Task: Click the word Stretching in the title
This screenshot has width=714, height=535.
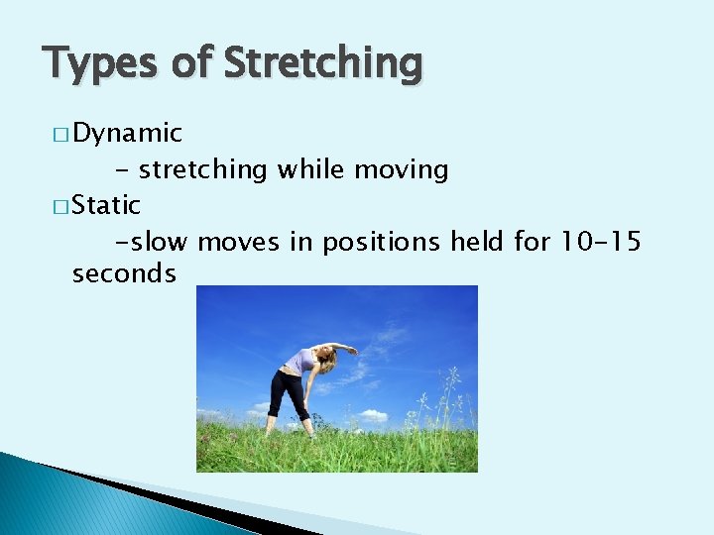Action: coord(323,64)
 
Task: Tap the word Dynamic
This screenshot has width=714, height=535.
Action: coord(127,133)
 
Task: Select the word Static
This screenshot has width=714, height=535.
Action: coord(106,205)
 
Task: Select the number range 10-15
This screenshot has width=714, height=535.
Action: coord(600,240)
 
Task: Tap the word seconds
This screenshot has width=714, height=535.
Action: coord(124,273)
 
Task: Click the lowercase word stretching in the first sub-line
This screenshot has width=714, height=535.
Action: coord(203,170)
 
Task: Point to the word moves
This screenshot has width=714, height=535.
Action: coord(238,241)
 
